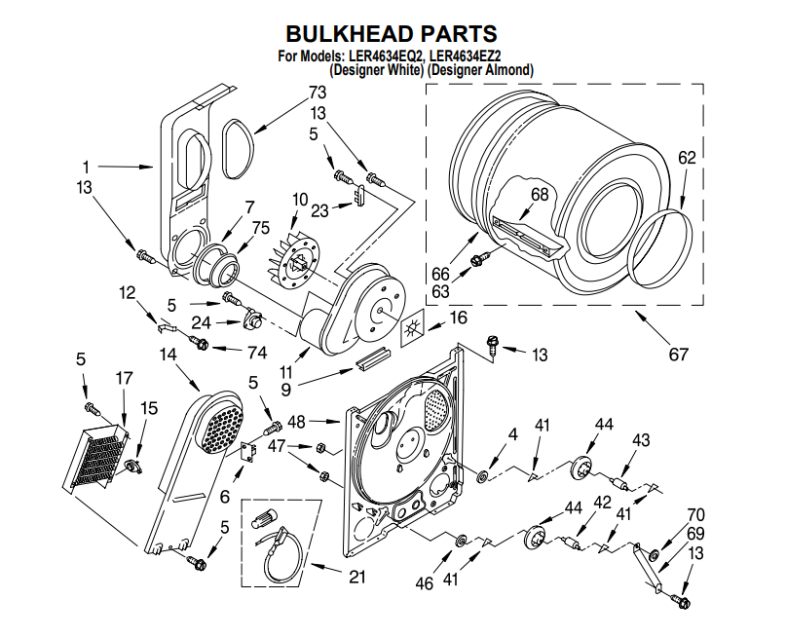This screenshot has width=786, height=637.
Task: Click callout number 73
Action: coord(317,93)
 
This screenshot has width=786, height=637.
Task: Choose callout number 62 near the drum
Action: coord(687,157)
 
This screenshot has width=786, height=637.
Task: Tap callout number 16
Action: coord(458,318)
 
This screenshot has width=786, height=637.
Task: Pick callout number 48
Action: coord(297,421)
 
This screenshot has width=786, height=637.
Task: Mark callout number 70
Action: coord(694,514)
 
